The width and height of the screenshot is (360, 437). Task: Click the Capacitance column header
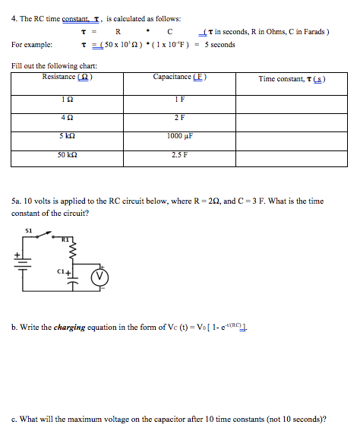(x=179, y=77)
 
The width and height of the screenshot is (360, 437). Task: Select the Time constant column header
(x=292, y=79)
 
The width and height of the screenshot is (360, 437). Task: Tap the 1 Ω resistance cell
(x=67, y=99)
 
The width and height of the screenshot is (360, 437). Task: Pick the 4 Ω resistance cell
(x=67, y=117)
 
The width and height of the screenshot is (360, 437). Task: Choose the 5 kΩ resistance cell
(x=67, y=136)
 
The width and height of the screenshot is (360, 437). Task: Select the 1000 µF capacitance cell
(x=179, y=136)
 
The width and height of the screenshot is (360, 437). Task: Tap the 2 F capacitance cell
(x=179, y=117)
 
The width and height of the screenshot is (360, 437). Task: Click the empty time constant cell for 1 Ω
(x=292, y=99)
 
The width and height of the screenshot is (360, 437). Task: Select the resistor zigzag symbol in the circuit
(x=74, y=250)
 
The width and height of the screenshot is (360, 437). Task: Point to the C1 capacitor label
(x=62, y=271)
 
